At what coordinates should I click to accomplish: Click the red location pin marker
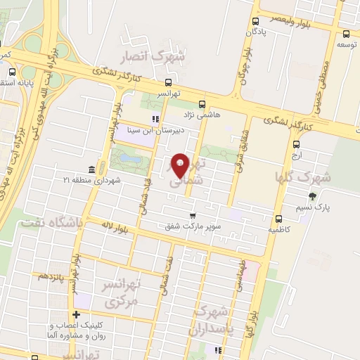tap(181, 166)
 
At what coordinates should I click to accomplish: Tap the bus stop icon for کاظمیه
tap(279, 219)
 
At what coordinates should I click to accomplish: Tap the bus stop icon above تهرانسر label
tap(169, 82)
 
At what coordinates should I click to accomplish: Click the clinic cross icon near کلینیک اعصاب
tap(75, 314)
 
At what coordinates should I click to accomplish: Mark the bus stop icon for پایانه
tap(12, 71)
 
